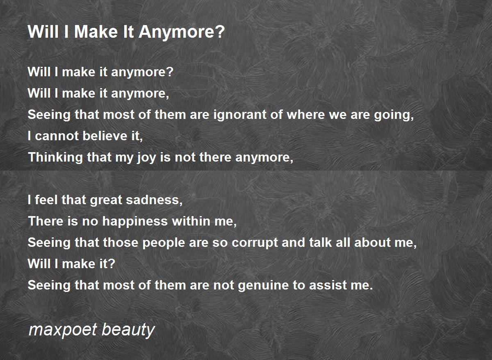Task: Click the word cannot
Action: pos(57,136)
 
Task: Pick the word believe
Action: pos(105,136)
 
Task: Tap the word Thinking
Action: pos(55,157)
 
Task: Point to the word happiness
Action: pos(135,221)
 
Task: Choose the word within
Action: pos(191,221)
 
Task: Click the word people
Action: pos(164,243)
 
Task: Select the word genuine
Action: pos(263,285)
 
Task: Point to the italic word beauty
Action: pos(128,330)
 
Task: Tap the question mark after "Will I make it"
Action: pos(112,263)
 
